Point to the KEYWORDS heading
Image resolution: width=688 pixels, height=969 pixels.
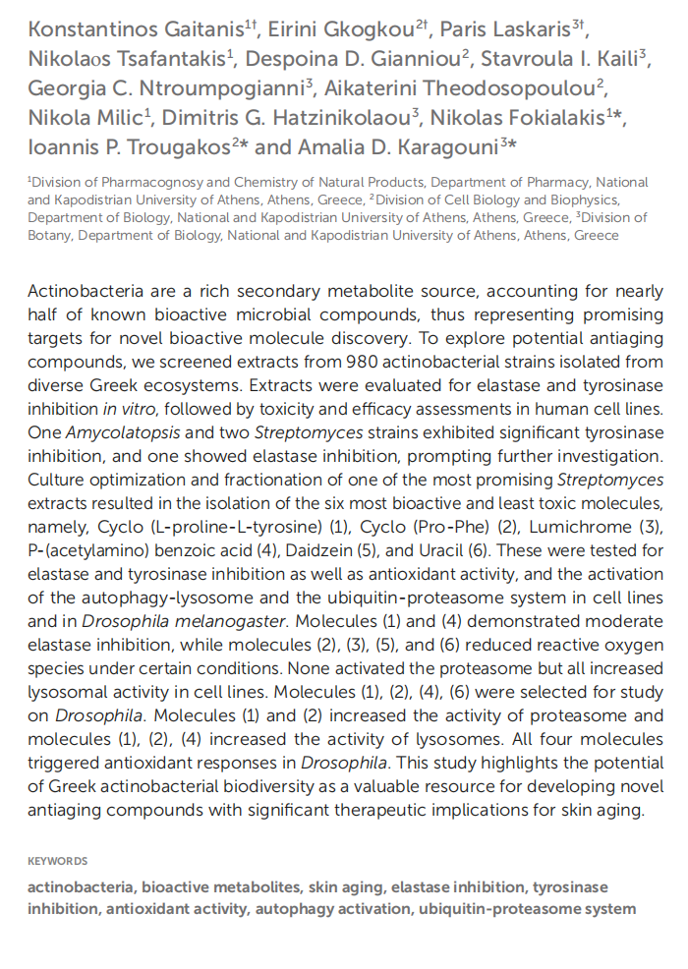58,861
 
